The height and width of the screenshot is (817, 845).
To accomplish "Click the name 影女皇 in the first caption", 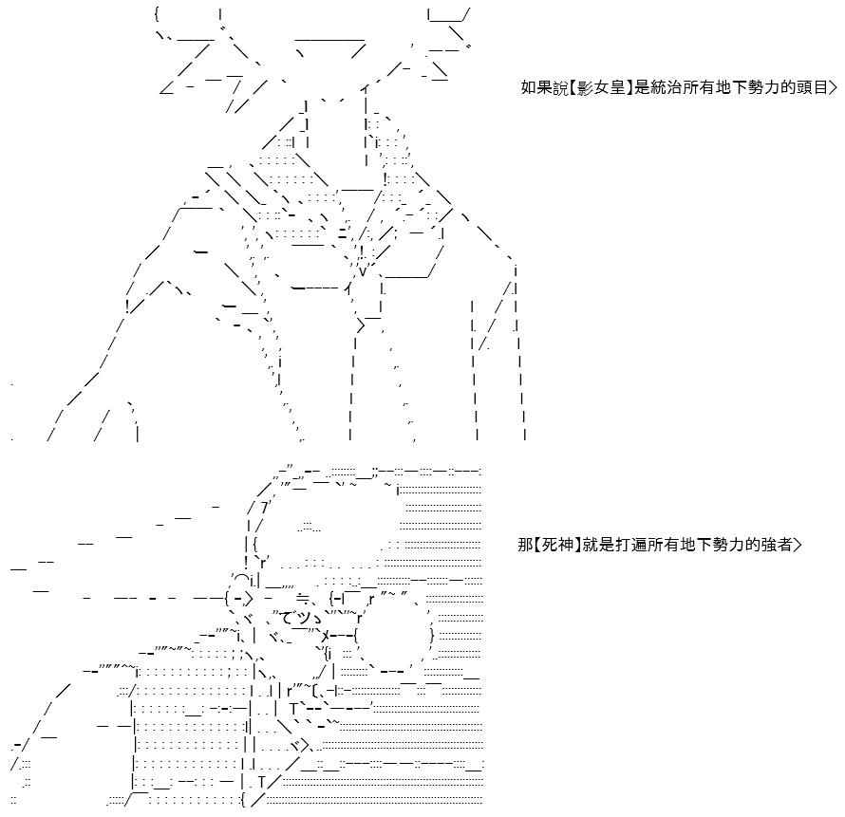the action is pos(601,86).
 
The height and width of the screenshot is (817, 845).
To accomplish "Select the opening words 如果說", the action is pos(544,86).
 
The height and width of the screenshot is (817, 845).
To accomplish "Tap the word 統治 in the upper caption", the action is pos(667,86).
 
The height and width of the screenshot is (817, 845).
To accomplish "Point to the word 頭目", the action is pos(812,86).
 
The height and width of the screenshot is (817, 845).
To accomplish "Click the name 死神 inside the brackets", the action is pos(557,545).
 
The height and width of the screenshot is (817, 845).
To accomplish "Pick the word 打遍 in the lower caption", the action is pos(630,545).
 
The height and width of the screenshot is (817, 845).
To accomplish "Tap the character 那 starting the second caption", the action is pos(525,545).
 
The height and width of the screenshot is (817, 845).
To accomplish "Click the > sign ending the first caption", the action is pos(834,86).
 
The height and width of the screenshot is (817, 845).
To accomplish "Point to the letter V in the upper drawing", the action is pos(363,271).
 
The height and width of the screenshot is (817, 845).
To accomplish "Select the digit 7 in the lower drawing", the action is pos(265,508).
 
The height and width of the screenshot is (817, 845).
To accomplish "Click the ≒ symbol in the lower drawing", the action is pos(303,598).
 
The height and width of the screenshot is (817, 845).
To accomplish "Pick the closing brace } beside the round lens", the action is pos(432,636).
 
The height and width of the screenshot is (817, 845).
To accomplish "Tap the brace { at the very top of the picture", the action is pos(157,13).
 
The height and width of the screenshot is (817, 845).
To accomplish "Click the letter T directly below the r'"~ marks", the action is pos(293,708).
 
